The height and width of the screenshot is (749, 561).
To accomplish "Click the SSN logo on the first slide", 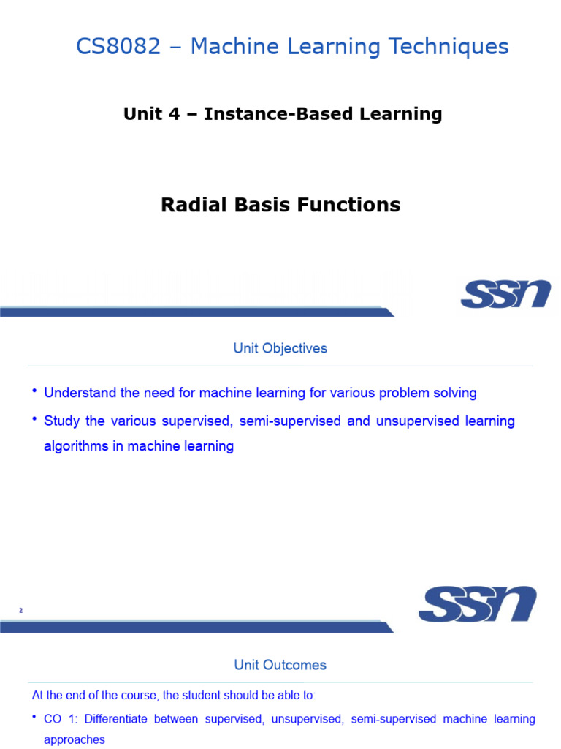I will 505,293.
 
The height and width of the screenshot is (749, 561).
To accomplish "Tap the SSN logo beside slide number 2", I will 477,604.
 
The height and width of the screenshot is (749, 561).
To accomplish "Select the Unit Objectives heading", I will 280,348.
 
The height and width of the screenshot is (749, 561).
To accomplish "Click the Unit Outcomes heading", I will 280,665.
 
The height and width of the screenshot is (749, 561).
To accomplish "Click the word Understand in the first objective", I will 76,393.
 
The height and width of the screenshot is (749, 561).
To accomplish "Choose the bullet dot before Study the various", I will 34,419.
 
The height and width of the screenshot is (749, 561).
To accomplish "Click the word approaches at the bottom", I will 75,739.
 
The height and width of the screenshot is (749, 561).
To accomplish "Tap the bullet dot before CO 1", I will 34,718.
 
